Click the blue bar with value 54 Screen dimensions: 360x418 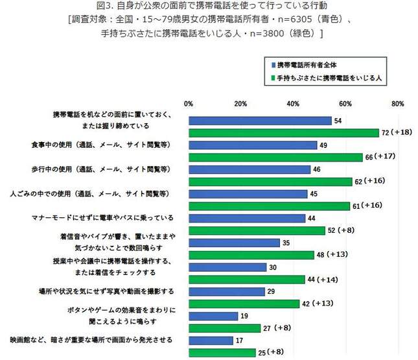[x=259, y=121]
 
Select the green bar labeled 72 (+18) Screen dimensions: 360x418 [x=283, y=133]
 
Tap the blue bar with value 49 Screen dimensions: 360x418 [x=253, y=145]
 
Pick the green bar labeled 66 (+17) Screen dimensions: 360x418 [x=275, y=158]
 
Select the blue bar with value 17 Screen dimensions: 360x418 [x=211, y=340]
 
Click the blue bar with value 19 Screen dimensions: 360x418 [x=213, y=316]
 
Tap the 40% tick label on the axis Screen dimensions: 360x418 [x=293, y=104]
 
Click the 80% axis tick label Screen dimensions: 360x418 [x=398, y=104]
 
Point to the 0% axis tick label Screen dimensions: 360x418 [x=189, y=104]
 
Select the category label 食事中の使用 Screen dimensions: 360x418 [x=110, y=145]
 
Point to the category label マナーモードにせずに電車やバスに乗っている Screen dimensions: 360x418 [x=104, y=218]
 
